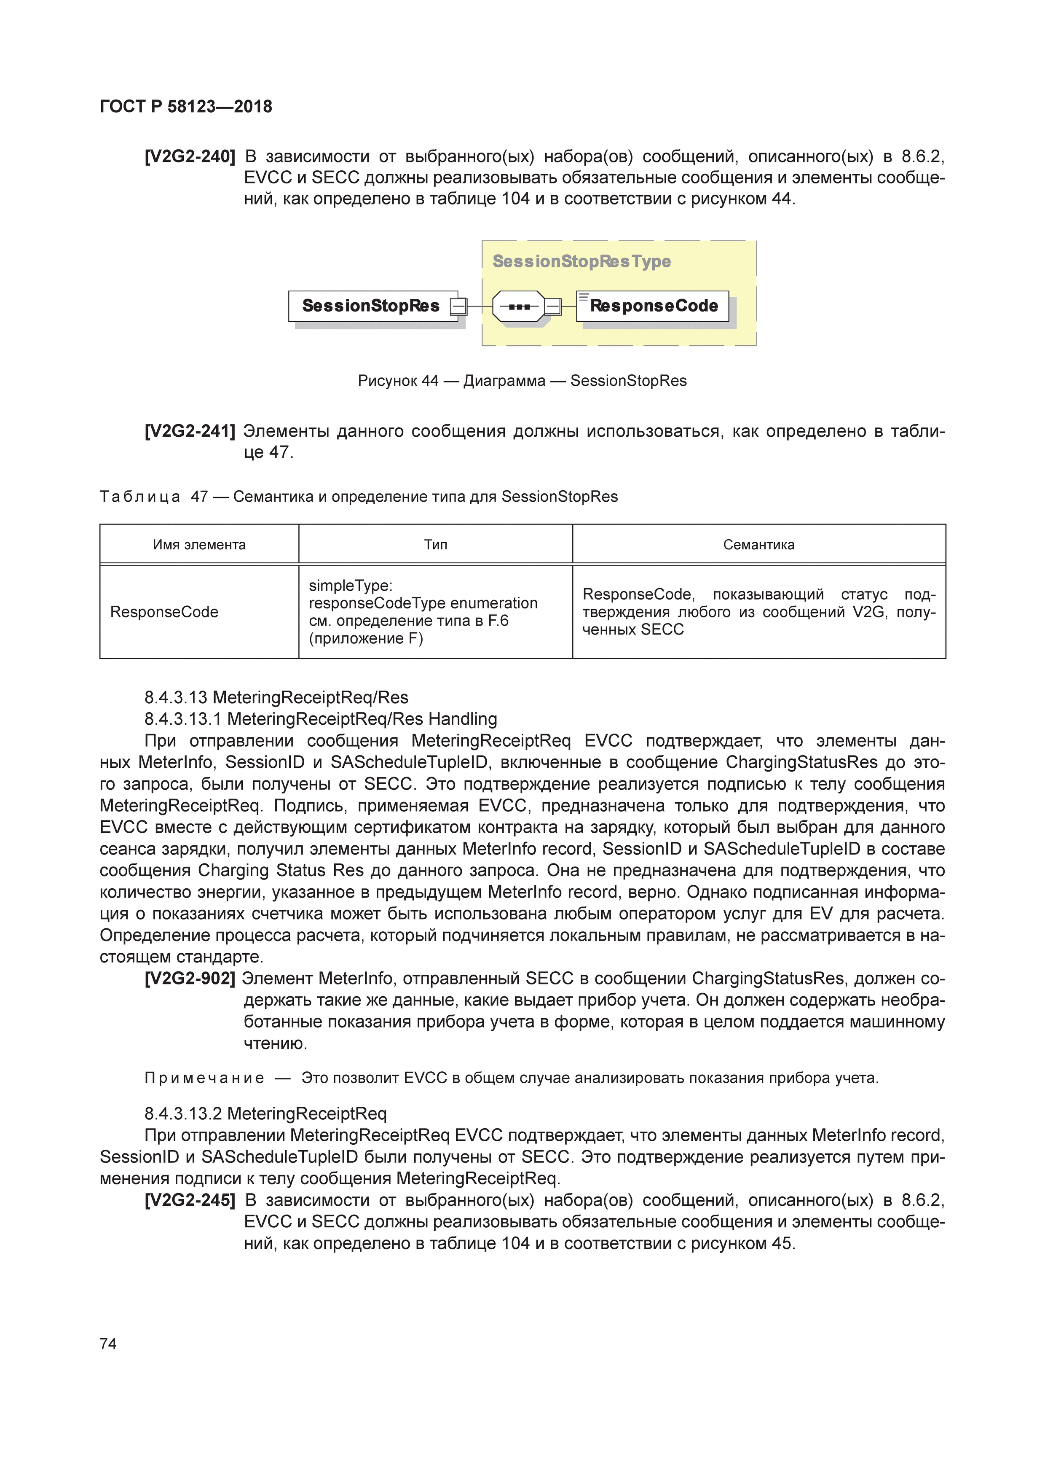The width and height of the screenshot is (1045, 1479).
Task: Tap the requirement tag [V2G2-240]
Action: [x=190, y=156]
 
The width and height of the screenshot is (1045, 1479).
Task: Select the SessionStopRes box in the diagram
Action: [x=371, y=306]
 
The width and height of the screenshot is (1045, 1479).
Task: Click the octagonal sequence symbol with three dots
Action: [x=518, y=307]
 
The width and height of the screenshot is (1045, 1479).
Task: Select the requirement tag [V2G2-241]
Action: [x=190, y=431]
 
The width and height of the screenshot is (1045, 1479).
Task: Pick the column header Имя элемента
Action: [x=199, y=545]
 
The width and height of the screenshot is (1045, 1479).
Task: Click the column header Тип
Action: [x=435, y=545]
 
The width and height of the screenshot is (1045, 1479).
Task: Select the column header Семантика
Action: [x=758, y=545]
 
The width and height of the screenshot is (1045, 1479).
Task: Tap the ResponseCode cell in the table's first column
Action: [x=164, y=612]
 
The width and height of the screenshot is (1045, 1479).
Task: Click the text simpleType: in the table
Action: [x=350, y=586]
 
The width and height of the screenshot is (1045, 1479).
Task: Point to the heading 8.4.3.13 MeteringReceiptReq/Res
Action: [x=276, y=698]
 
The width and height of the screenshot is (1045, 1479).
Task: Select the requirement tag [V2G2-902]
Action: [x=190, y=979]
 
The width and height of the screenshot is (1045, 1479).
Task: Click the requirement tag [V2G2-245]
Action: [x=190, y=1200]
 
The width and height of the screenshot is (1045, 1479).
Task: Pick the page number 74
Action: [x=108, y=1344]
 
